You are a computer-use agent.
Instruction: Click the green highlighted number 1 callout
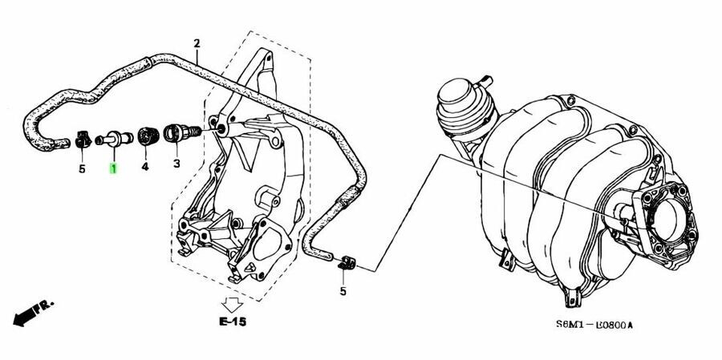coord(113,168)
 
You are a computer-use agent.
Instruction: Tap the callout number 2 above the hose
coord(197,42)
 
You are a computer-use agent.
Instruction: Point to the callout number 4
coord(145,167)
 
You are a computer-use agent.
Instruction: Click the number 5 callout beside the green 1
coord(81,168)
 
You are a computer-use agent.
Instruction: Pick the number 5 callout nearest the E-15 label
coord(343,290)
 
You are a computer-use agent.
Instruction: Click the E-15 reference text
coord(233,322)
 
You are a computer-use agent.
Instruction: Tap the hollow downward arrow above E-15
coord(233,305)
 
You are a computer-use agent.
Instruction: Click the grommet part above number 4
coord(146,136)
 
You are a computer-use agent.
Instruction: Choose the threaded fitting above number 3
coord(176,132)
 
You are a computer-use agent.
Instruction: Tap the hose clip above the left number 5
coord(83,140)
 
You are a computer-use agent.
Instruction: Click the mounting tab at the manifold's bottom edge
coord(574,297)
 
